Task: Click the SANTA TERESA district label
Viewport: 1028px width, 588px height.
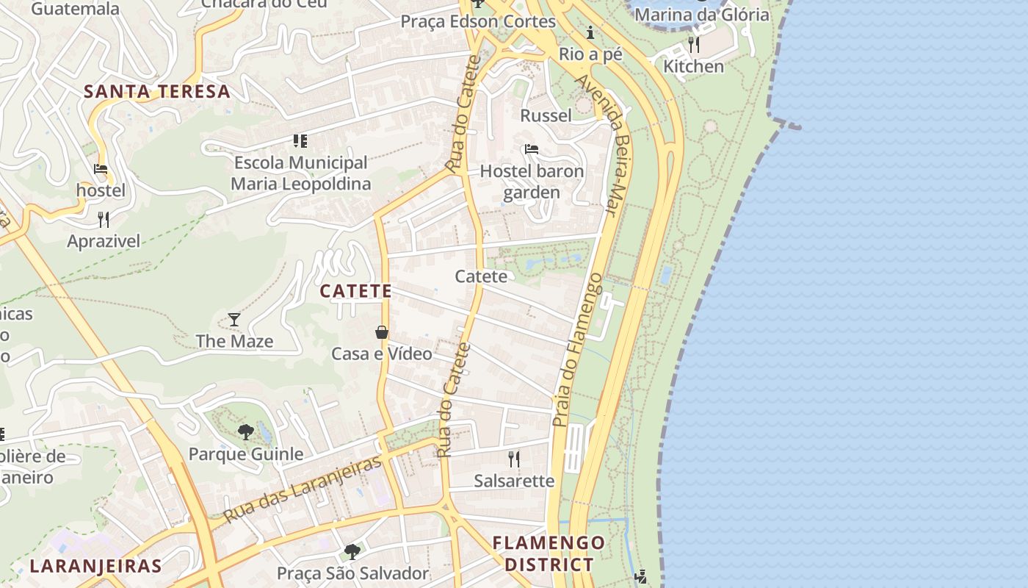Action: click(x=156, y=92)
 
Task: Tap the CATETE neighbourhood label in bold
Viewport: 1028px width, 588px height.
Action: click(x=355, y=291)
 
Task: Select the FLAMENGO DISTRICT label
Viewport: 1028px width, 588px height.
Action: click(x=549, y=553)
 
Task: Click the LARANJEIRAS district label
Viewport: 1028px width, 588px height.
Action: click(x=95, y=566)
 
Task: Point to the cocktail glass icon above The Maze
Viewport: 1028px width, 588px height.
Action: click(x=234, y=320)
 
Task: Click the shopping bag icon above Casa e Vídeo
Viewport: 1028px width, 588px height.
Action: click(x=382, y=332)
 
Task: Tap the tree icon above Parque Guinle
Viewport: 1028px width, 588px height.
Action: click(x=246, y=432)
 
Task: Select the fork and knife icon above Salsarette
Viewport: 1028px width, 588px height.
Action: click(x=514, y=459)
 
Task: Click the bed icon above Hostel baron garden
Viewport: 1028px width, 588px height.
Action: click(x=532, y=150)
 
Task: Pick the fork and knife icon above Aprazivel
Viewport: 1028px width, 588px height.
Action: click(x=104, y=219)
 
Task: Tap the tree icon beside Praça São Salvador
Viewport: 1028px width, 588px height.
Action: click(x=352, y=551)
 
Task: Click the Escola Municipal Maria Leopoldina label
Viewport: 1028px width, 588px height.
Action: click(x=301, y=173)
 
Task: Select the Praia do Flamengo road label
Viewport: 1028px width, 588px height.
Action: click(x=577, y=349)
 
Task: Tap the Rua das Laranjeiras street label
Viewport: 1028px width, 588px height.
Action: click(x=303, y=489)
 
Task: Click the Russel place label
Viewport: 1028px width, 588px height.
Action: click(x=546, y=115)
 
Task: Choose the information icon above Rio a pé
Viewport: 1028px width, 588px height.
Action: click(x=590, y=32)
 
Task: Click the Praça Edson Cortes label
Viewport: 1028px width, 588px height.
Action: click(x=477, y=21)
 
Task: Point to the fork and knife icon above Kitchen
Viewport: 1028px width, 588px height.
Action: click(x=693, y=45)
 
